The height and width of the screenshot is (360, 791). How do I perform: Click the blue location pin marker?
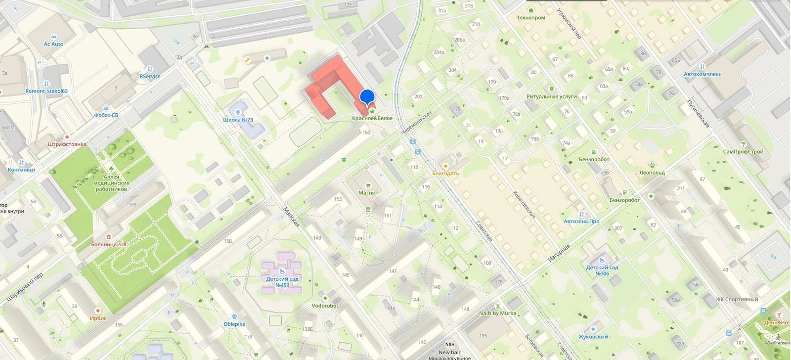click(x=367, y=96)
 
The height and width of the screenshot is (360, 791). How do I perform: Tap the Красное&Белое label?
click(x=372, y=118)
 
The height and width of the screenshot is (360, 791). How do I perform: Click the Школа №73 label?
click(x=238, y=120)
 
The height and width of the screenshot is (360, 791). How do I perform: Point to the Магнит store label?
click(x=368, y=193)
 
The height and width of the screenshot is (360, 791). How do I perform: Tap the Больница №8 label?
click(x=109, y=244)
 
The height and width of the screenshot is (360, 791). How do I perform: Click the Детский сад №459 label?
click(x=282, y=282)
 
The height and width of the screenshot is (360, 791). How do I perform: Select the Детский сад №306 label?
click(x=602, y=270)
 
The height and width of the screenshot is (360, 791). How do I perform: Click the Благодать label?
click(x=445, y=173)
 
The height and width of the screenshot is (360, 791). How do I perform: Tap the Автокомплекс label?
click(x=703, y=74)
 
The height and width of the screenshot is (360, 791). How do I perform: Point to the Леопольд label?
click(x=652, y=173)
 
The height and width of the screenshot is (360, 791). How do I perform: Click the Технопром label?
click(x=530, y=17)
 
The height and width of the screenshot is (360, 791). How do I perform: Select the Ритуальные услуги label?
click(x=552, y=96)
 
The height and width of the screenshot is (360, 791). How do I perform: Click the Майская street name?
click(x=291, y=217)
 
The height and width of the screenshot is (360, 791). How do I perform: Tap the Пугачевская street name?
click(x=698, y=113)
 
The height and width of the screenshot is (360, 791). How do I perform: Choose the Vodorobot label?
click(x=325, y=306)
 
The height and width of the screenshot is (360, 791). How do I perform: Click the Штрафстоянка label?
click(x=67, y=144)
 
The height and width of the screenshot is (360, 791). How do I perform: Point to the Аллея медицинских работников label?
click(x=111, y=183)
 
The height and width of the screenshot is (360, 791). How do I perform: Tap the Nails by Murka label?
click(x=497, y=313)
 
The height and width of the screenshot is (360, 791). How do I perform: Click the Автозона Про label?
click(x=581, y=221)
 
